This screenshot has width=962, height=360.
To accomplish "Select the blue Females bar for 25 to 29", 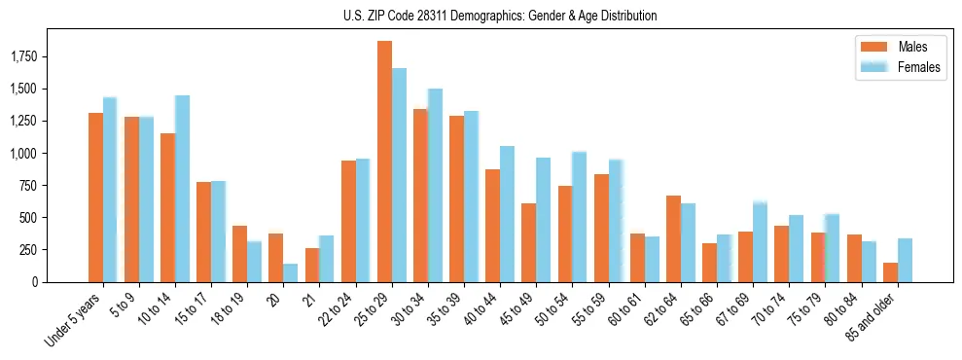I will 399,175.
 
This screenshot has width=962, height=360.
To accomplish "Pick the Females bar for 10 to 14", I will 182,189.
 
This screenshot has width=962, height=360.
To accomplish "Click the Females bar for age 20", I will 290,272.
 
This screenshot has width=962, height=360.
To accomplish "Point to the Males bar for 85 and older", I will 890,272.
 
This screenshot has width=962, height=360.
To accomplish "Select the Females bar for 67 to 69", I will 760,242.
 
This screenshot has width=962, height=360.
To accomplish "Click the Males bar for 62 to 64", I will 673,239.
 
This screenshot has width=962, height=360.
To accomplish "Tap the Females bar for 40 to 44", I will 507,214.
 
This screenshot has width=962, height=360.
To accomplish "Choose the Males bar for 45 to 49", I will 528,242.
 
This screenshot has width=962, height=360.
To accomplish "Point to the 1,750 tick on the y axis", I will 40,56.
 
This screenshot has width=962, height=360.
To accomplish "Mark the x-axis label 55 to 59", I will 590,309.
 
